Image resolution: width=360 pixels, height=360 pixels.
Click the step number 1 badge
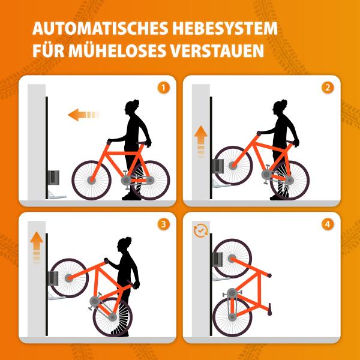pos(164,87)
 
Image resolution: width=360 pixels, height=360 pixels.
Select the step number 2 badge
pos(327,87)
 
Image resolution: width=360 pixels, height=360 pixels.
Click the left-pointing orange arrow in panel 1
pos(82,114)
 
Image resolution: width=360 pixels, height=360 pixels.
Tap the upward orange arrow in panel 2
pos(200,139)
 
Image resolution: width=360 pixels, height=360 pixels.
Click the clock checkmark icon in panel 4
pos(199,232)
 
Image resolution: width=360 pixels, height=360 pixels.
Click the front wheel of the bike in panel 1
pos(92,179)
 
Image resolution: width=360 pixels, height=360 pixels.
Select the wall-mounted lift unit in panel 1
pos(54,178)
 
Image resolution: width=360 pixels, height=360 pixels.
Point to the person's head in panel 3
pos(124,245)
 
